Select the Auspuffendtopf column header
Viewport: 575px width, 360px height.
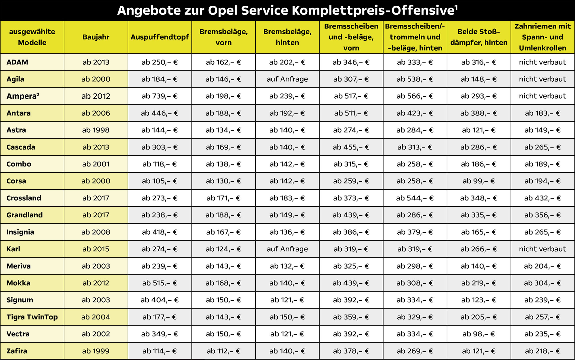[x=160, y=37]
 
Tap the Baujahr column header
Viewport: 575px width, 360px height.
[x=96, y=37]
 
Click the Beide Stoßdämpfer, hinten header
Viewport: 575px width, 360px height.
[x=479, y=37]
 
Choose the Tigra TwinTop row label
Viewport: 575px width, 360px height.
[x=32, y=317]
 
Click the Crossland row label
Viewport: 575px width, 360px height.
[x=24, y=198]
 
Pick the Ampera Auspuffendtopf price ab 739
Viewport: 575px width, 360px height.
[x=160, y=96]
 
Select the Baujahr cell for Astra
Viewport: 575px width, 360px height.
[x=96, y=130]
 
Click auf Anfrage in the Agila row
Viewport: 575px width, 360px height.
[x=287, y=79]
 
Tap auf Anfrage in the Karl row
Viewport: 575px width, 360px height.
[x=287, y=249]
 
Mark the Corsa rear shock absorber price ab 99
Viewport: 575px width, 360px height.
[x=479, y=181]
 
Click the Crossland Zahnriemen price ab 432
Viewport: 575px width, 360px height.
[x=543, y=198]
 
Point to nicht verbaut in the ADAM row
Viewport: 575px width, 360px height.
[x=543, y=62]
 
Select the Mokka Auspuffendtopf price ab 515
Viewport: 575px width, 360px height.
[x=160, y=283]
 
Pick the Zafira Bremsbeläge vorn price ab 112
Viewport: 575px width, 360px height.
[x=223, y=351]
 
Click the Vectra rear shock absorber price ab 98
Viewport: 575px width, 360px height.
[x=479, y=334]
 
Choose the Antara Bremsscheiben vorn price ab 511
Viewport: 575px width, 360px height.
[x=351, y=113]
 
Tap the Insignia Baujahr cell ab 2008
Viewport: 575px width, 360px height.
[x=96, y=232]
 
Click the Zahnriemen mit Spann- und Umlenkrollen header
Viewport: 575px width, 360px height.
[x=543, y=37]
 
